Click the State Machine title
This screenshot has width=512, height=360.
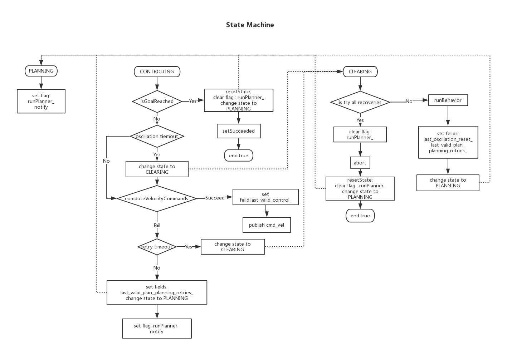tap(250, 25)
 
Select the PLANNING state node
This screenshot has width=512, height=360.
tap(41, 71)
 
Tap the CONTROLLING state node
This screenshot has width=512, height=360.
tap(157, 71)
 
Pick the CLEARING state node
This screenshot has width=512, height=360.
tap(360, 71)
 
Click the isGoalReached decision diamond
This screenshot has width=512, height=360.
tap(157, 101)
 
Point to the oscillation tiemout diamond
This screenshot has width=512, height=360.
tap(157, 136)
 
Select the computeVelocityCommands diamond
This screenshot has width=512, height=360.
tap(156, 198)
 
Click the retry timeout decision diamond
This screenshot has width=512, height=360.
tap(157, 247)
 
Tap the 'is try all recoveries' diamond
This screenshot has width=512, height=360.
tap(360, 102)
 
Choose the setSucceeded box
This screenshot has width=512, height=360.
tap(238, 131)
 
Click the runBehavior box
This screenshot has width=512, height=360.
tap(448, 100)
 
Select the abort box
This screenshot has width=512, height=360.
tap(360, 163)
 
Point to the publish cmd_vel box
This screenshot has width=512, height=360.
tap(266, 225)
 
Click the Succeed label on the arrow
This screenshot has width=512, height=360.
tap(215, 198)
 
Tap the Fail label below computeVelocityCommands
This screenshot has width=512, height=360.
tap(157, 225)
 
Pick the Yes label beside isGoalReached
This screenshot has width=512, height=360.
tap(192, 101)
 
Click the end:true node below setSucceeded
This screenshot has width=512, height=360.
tap(238, 156)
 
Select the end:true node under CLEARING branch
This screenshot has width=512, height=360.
tap(360, 216)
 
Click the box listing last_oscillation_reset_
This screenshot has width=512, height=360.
tap(448, 142)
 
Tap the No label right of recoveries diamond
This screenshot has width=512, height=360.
tap(409, 102)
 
